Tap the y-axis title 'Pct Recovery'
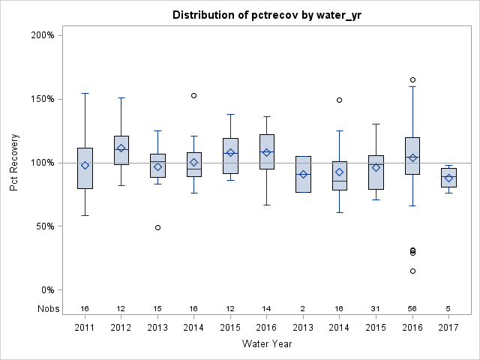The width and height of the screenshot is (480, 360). (15, 163)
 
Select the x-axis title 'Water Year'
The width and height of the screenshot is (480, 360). (267, 343)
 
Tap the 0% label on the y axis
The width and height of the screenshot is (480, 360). (46, 290)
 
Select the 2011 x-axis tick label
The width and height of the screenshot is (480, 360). (85, 327)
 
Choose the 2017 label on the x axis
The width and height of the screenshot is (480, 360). (448, 327)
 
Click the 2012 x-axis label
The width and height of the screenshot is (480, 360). (121, 327)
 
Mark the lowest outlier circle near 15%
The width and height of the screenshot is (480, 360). (412, 271)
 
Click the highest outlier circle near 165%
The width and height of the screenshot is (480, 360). (412, 79)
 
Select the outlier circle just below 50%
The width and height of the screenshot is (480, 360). (157, 227)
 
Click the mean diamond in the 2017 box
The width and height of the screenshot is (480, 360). (448, 178)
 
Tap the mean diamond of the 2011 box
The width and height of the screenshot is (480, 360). (85, 165)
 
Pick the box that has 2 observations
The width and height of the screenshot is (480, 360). (303, 174)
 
